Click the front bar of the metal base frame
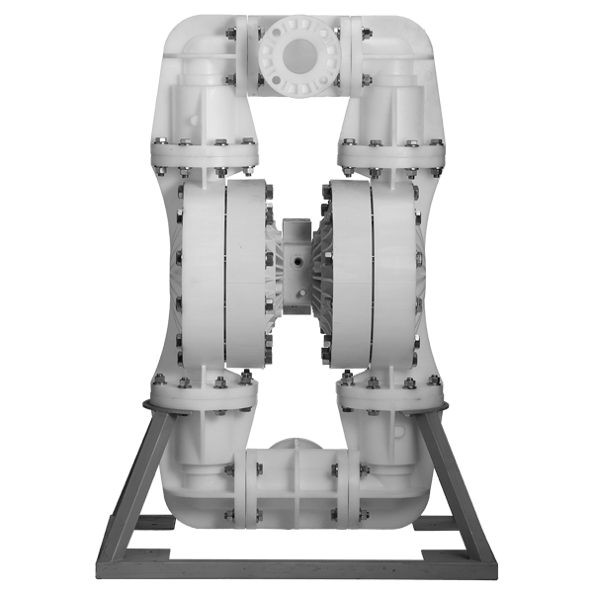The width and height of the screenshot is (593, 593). pyautogui.click(x=296, y=574)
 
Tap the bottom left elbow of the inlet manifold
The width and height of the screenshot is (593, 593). pyautogui.click(x=193, y=484)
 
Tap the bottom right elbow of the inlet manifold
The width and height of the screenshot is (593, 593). pyautogui.click(x=400, y=484)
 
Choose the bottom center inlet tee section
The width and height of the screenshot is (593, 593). pyautogui.click(x=296, y=484)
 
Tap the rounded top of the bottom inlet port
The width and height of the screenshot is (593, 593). pyautogui.click(x=296, y=444)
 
